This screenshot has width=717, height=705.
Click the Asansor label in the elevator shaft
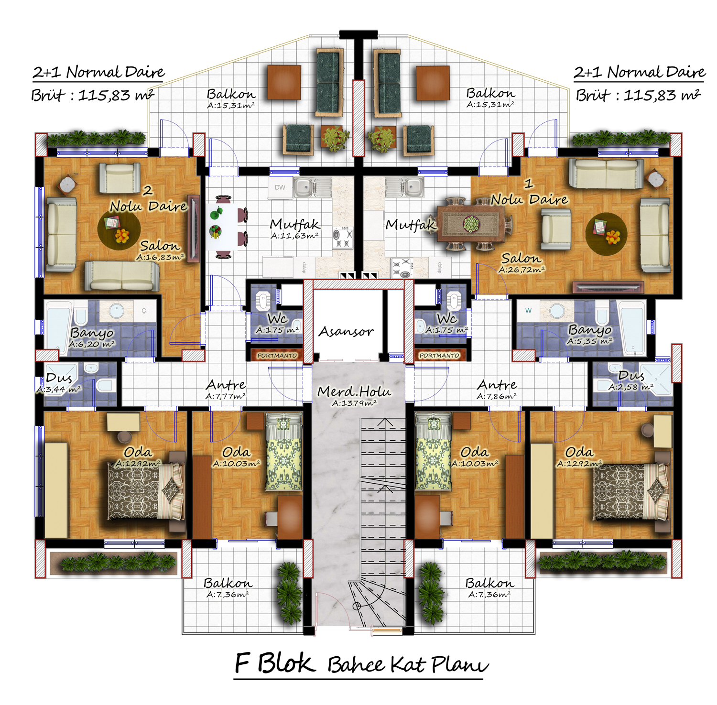[346, 331]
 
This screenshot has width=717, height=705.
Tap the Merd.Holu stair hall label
[354, 391]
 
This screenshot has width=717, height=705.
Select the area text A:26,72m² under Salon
[521, 270]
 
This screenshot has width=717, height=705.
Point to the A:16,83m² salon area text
[160, 257]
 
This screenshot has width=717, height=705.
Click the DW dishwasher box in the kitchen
[280, 187]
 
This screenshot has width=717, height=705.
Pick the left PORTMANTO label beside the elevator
[277, 356]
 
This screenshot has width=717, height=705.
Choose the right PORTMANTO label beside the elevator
[439, 356]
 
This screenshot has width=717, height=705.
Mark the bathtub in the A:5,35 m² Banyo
[632, 327]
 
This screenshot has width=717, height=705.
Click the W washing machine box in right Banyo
[528, 311]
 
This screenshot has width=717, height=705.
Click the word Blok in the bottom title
[286, 663]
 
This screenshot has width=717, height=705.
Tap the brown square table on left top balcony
[284, 82]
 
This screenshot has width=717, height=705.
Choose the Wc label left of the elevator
[277, 318]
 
